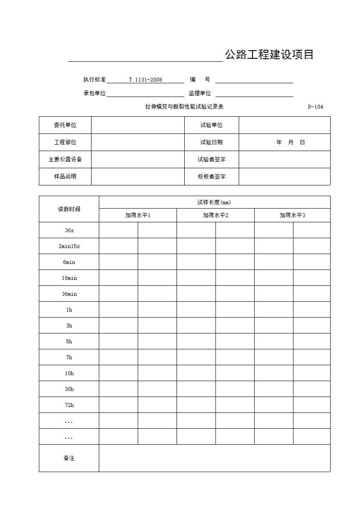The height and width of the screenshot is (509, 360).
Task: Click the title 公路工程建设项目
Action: click(x=269, y=55)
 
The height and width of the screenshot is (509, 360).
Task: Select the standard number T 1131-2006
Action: click(x=146, y=80)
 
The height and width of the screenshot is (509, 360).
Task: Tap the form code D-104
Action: click(x=315, y=107)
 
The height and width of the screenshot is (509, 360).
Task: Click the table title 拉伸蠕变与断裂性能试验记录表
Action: click(x=184, y=107)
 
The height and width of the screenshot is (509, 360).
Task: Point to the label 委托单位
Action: click(x=65, y=125)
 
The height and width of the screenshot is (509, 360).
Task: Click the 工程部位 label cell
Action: click(x=65, y=142)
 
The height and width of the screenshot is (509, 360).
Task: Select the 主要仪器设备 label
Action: click(x=65, y=160)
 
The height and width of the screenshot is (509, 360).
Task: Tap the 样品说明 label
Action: click(x=65, y=177)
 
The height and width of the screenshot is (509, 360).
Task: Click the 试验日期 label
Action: click(x=211, y=142)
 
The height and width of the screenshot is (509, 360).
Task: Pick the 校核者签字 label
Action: click(x=211, y=177)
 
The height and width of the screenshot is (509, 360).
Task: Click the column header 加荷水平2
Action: click(x=216, y=215)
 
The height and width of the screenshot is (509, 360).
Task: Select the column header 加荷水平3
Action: click(x=293, y=215)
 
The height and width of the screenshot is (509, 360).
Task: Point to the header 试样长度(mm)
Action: click(x=214, y=203)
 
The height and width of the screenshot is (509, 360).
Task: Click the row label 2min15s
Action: click(x=69, y=246)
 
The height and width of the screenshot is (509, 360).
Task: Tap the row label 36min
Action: click(x=69, y=294)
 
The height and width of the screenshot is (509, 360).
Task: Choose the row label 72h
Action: click(x=69, y=405)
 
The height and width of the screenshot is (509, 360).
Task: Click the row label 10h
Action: click(x=69, y=373)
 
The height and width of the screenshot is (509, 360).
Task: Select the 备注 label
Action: click(x=69, y=458)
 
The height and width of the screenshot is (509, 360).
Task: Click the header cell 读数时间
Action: click(x=69, y=209)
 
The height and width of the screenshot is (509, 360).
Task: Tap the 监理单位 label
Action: click(x=200, y=94)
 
